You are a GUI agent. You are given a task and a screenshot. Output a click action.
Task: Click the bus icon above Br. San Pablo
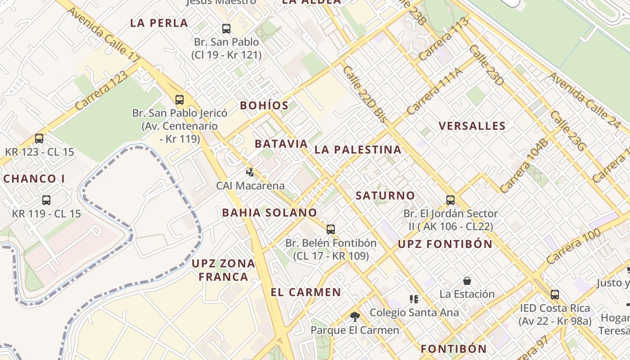click(x=226, y=29)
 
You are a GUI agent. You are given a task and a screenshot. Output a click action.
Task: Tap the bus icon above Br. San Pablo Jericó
click(x=180, y=99)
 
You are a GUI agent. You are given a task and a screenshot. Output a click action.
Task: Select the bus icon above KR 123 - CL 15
click(x=39, y=138)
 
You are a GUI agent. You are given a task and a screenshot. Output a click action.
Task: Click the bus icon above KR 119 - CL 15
click(x=46, y=200)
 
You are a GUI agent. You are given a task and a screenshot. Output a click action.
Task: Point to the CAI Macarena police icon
click(x=250, y=172)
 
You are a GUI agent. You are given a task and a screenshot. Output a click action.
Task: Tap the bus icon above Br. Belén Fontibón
click(x=331, y=229)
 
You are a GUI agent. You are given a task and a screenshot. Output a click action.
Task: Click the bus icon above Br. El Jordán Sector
click(x=450, y=200)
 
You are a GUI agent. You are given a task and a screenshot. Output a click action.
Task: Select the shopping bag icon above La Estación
click(x=467, y=281)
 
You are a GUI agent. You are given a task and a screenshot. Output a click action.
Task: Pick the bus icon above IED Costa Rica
click(x=555, y=295)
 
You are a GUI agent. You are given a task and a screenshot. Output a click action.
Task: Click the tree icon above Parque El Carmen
click(x=355, y=316)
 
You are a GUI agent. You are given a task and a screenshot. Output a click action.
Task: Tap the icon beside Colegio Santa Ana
click(x=414, y=299)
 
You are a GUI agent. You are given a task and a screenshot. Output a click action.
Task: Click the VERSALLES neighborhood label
click(x=472, y=126)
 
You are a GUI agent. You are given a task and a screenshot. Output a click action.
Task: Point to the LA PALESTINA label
click(x=358, y=150)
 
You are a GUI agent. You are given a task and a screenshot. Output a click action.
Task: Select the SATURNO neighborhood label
click(x=385, y=196)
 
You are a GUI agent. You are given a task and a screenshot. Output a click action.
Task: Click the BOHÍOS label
click(x=264, y=106)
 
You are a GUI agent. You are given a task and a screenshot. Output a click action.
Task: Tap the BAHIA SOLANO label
click(x=270, y=212)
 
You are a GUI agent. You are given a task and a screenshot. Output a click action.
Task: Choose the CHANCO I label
click(x=34, y=179)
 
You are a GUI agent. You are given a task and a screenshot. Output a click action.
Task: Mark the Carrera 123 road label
click(x=101, y=90)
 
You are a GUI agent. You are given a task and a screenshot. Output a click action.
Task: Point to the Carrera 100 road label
click(x=574, y=247)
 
